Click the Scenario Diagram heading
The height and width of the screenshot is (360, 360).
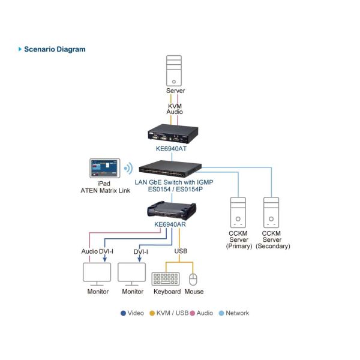(x=55, y=49)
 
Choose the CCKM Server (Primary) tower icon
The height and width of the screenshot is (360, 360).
(x=239, y=213)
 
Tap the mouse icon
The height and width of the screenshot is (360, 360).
(x=193, y=280)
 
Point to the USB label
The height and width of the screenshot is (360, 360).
(x=181, y=251)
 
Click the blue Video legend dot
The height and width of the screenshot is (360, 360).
(x=123, y=313)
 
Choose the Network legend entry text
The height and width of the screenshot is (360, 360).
(x=237, y=313)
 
